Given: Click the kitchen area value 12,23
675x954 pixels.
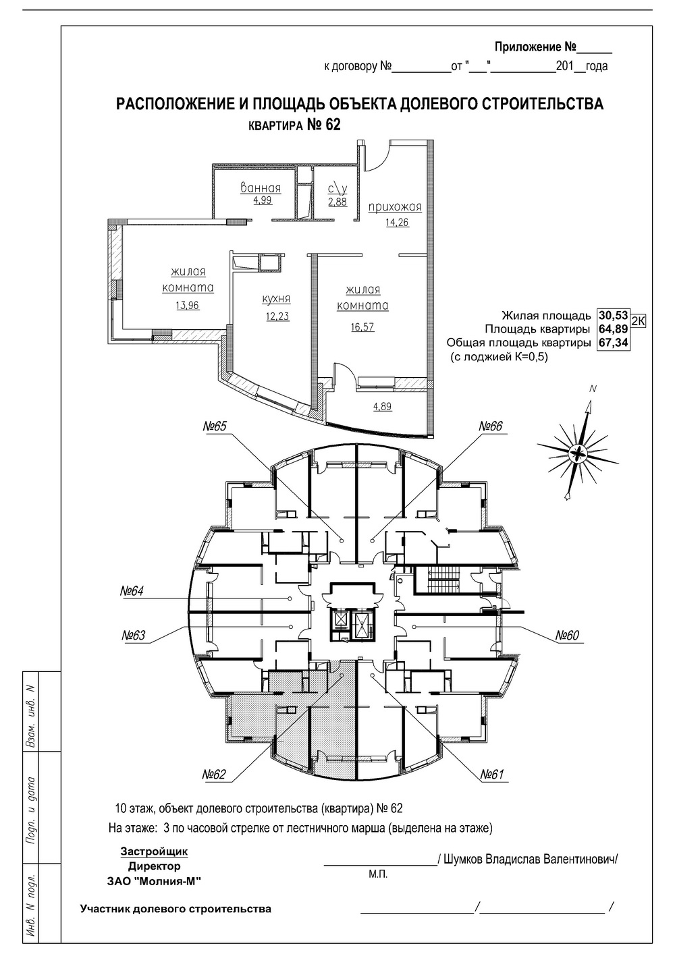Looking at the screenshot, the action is coord(278,316).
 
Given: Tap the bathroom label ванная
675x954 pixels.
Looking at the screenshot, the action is coord(261,188).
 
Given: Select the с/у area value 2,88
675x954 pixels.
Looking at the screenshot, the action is coord(337,201).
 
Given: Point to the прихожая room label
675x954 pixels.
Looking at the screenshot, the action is coord(395,207).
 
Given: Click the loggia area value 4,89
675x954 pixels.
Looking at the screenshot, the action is coord(382,406).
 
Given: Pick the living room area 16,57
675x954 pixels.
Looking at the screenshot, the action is coord(362,327).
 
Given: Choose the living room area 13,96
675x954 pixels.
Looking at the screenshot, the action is coord(188,305).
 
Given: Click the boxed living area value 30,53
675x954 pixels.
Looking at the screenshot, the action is coord(614,316).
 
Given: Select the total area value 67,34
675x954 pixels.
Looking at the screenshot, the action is coord(614,343).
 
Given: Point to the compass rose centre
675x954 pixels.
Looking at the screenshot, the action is coord(578,453).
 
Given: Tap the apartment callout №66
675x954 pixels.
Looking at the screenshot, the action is coord(491,426).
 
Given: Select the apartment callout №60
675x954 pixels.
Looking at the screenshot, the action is coord(567,636).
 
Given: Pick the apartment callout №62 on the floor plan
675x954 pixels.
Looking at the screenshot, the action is coord(214,774).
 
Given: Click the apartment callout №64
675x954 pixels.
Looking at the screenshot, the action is coord(132,591).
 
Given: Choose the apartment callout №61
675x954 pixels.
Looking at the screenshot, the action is coord(492,774).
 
